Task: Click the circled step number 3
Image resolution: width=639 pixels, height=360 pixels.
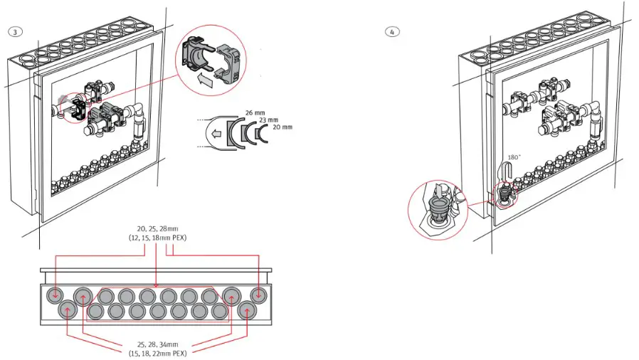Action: pos(16,32)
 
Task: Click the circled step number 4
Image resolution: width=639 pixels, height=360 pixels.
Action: pos(392,32)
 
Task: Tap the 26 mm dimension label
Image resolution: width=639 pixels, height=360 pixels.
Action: pos(255,113)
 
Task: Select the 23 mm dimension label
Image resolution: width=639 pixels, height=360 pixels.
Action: pos(268,120)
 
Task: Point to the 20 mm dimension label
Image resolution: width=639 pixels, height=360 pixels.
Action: pos(282,127)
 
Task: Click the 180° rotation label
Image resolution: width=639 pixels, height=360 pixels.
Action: pos(514,158)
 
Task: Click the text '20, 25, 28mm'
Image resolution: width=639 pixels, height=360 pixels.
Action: pos(157,229)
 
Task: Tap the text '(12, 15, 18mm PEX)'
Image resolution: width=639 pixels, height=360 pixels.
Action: pos(157,238)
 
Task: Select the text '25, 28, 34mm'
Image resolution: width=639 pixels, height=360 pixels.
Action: pos(157,344)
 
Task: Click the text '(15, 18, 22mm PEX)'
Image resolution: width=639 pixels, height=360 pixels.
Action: pos(157,354)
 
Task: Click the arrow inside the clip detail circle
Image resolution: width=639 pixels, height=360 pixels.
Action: pos(205,80)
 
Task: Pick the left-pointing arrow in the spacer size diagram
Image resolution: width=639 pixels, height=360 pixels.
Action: pos(216,134)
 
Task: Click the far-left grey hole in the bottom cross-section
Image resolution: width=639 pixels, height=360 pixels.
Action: pos(54,294)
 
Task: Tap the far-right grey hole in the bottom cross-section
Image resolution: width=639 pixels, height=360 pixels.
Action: pos(258,295)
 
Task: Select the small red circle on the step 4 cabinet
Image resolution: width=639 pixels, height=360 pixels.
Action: pos(505,195)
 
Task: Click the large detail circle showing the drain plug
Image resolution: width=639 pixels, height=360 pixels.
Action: pos(438,210)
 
